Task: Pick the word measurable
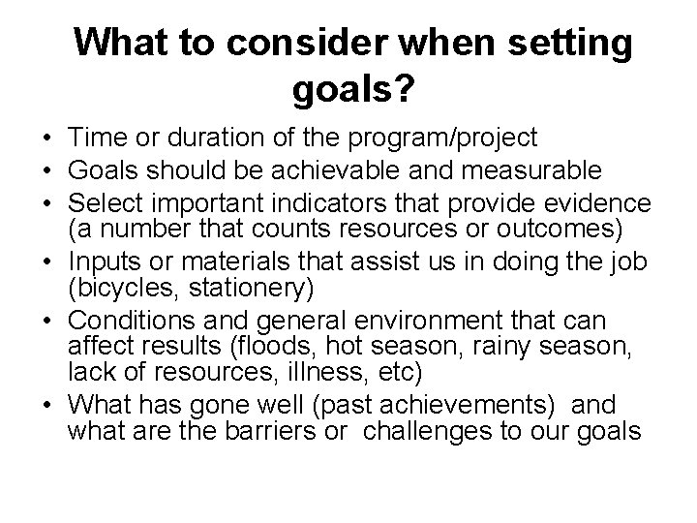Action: pos(530,171)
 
